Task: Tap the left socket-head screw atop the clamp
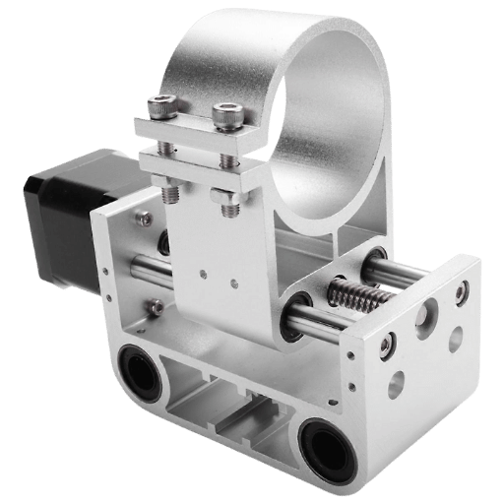[x=162, y=107]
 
